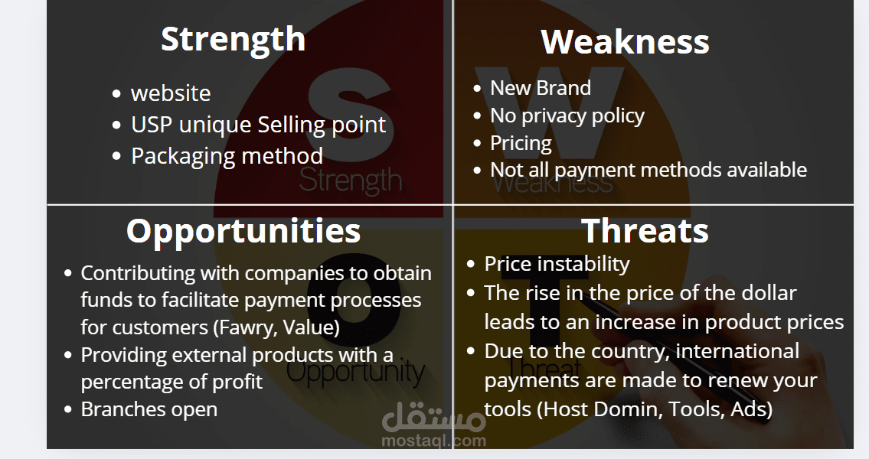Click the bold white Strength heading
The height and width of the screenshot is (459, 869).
pos(233,40)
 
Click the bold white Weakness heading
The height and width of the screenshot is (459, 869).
pos(625,41)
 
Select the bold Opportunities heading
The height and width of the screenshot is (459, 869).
pos(243,232)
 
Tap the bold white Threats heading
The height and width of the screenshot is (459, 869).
pos(645,230)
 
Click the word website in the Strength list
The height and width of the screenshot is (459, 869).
pos(171,93)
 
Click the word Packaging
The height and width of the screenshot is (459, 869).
pos(184,157)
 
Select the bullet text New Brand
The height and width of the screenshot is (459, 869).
pos(541,88)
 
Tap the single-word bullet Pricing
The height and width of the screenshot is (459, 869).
pos(521,143)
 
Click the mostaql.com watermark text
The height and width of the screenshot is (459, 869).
pos(434,441)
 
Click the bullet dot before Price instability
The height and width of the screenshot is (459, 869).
pos(471,264)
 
